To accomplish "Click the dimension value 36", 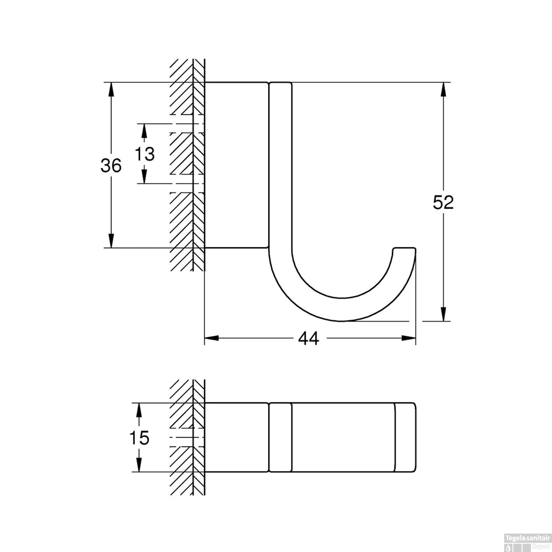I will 111,166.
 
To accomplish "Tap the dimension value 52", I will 443,202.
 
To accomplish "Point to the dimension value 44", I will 308,338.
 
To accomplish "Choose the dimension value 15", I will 139,438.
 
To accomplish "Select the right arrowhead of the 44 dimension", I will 408,338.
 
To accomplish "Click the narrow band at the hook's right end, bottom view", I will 405,437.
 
